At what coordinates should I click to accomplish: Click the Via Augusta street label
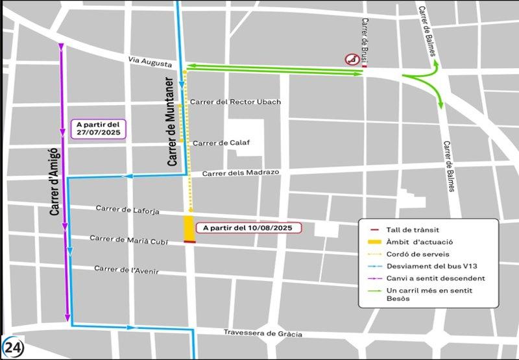(150, 62)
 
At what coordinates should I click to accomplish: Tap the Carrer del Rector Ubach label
(235, 102)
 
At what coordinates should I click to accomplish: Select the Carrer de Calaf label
(221, 143)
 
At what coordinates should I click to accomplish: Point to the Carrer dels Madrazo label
(240, 173)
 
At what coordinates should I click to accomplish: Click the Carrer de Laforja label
(127, 209)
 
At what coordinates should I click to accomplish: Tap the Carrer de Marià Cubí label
(128, 239)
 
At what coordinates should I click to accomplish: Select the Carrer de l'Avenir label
(126, 269)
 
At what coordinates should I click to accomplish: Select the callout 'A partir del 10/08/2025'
(252, 228)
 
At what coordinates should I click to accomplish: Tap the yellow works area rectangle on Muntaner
(189, 228)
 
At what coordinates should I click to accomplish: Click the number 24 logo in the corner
(13, 347)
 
